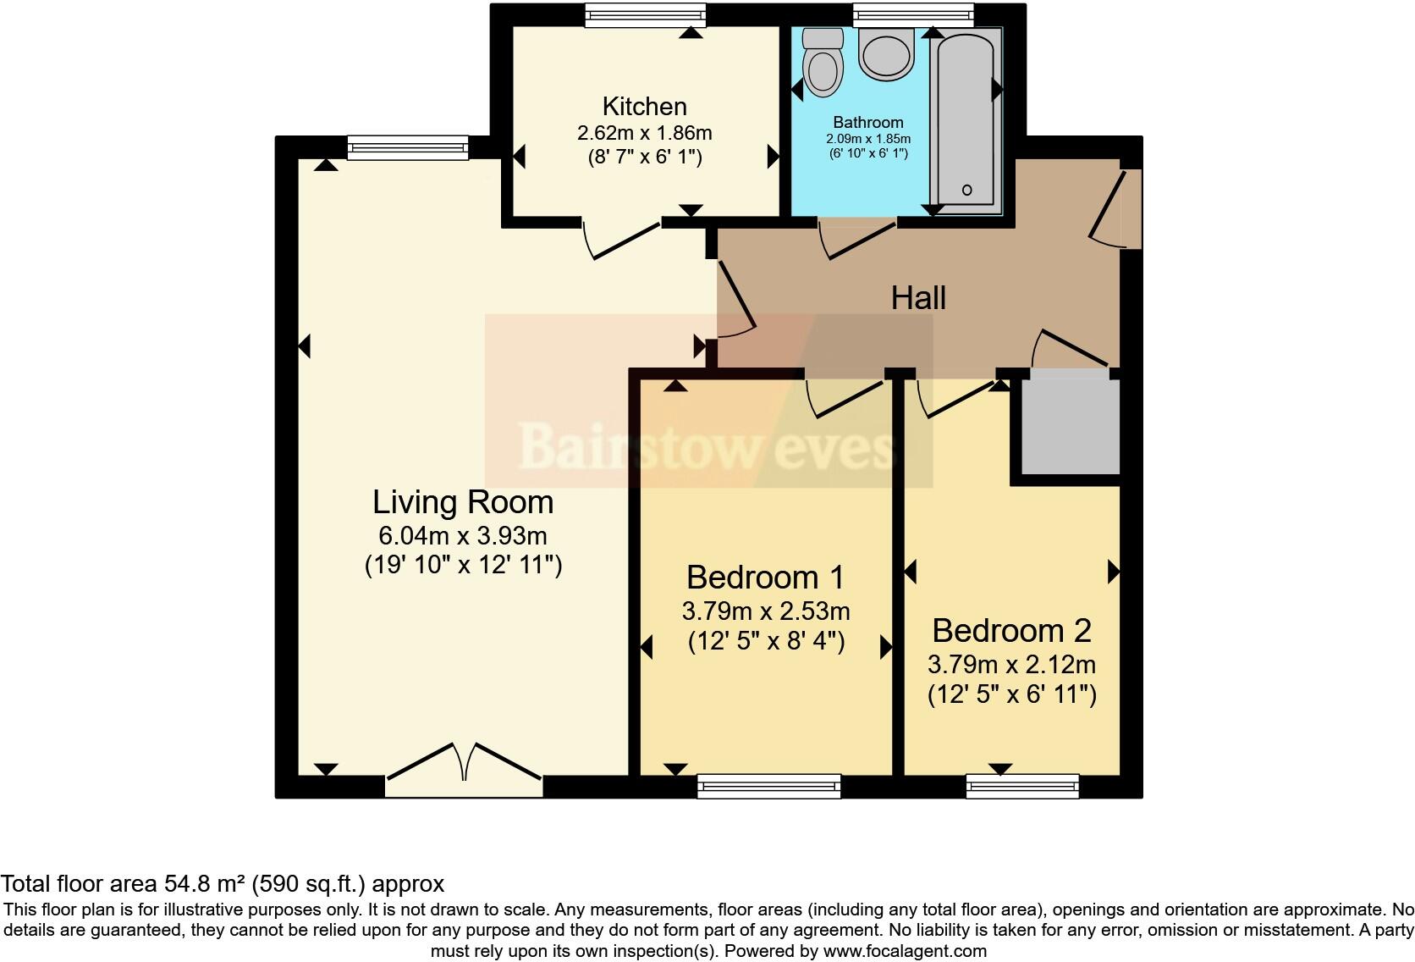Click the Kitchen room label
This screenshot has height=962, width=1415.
point(644,107)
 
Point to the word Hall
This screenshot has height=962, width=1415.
point(918,298)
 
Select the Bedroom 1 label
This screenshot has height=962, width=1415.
point(765,578)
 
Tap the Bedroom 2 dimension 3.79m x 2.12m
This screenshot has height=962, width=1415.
point(1011,664)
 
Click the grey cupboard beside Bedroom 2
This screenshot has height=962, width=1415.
point(1070,425)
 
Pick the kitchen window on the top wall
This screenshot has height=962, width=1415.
point(646,14)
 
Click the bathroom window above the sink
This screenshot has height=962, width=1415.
point(913,14)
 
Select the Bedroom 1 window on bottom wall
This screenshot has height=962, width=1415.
point(769,787)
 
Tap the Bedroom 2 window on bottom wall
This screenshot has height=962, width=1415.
point(1023,787)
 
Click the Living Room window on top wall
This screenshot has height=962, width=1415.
point(408,148)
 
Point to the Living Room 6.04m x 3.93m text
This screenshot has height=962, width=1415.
point(463,535)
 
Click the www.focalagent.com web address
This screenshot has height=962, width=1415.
point(905,951)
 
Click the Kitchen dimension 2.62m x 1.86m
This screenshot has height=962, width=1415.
point(644,133)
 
